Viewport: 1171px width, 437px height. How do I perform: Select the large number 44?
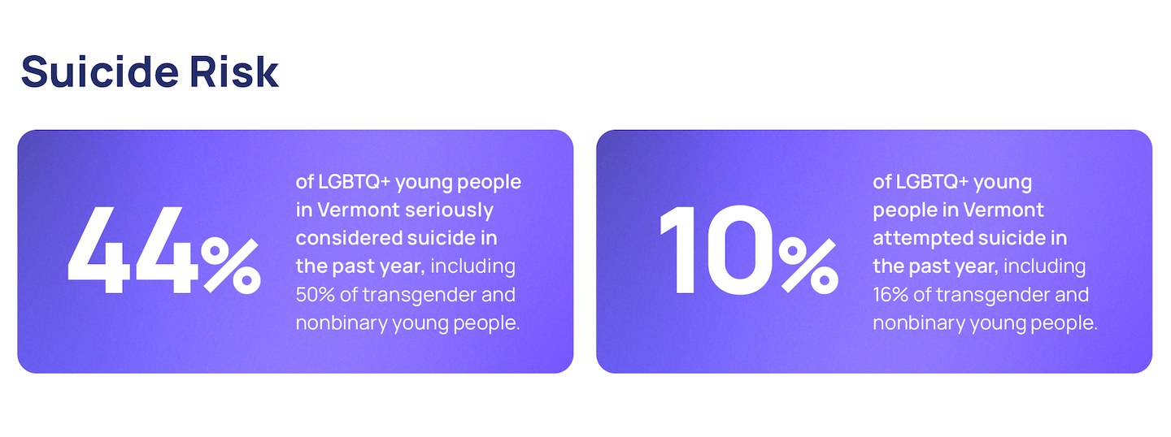(x=133, y=249)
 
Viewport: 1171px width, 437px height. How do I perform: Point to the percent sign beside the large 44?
(x=231, y=266)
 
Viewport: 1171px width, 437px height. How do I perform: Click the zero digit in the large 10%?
(x=740, y=249)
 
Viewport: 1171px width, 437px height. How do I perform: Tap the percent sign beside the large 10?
(x=808, y=266)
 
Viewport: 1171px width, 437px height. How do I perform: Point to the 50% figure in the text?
(x=315, y=295)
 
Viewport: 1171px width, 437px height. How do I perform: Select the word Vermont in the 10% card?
(x=1003, y=210)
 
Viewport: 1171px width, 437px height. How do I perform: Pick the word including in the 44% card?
(x=472, y=266)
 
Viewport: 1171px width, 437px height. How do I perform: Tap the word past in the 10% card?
(x=929, y=267)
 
